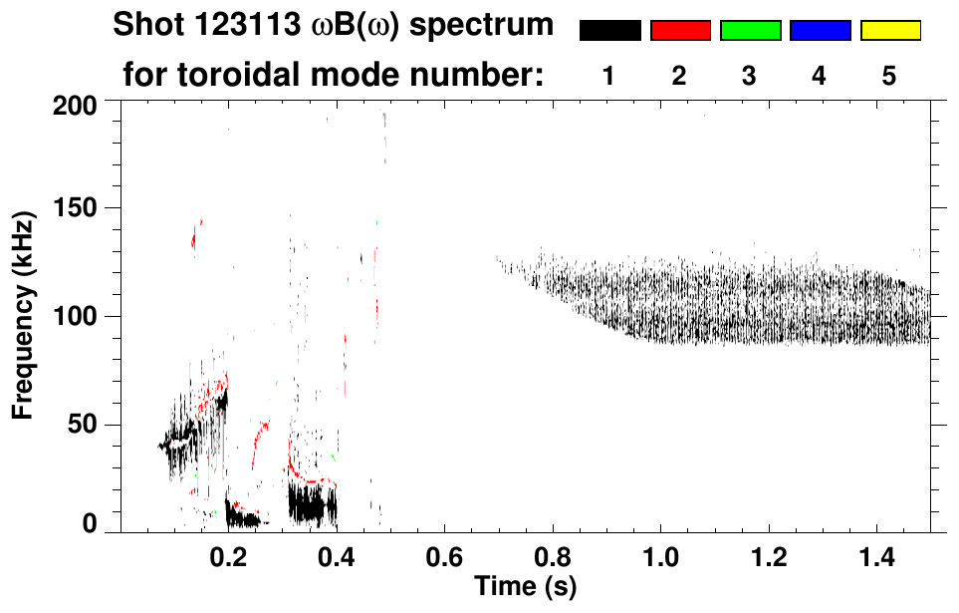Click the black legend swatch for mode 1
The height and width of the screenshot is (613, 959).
(610, 31)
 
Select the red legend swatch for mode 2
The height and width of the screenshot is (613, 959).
(680, 31)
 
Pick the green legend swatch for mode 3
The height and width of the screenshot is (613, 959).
(750, 31)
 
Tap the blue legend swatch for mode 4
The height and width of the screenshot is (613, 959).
(820, 31)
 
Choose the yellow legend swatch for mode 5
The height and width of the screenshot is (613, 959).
(889, 31)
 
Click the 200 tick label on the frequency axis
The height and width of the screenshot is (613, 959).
(77, 104)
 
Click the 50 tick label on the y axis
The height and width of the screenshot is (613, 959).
(83, 425)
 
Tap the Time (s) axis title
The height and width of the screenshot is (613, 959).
(525, 585)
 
